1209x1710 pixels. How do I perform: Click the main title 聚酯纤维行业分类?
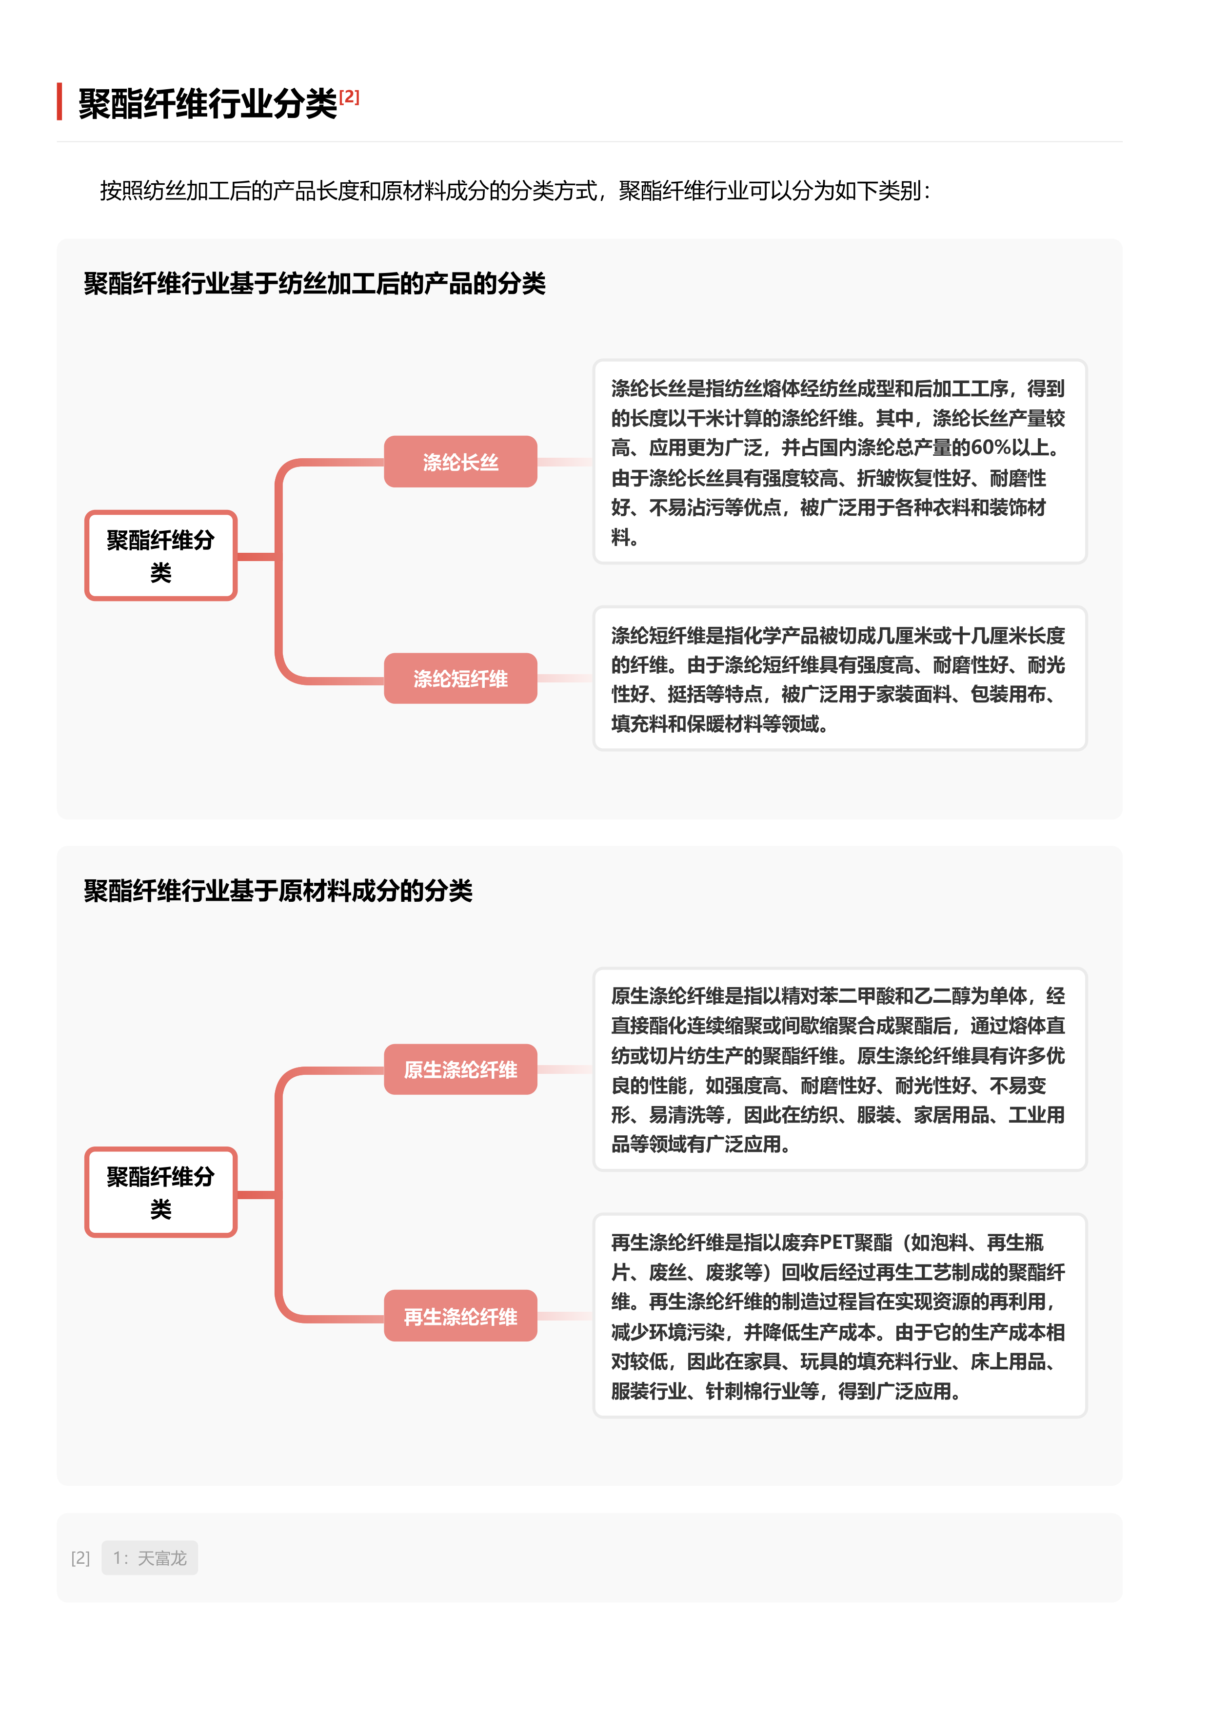(208, 103)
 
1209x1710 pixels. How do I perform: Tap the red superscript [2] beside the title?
(349, 97)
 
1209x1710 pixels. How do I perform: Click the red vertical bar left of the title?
(59, 101)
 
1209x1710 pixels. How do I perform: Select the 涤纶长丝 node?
(460, 462)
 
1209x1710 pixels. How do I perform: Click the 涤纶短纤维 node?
(460, 679)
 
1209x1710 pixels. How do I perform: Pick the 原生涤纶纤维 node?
(460, 1069)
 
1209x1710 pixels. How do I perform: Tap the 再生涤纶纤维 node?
(460, 1316)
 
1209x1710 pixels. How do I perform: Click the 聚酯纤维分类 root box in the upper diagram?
(161, 556)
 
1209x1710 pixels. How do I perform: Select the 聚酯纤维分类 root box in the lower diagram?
(161, 1192)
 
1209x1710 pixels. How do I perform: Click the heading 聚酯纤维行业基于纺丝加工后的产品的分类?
(315, 284)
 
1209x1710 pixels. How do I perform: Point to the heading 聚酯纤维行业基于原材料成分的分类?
(278, 891)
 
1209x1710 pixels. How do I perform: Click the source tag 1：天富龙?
(150, 1558)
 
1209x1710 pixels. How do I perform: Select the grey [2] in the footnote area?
(80, 1558)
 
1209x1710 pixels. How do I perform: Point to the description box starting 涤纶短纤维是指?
(839, 679)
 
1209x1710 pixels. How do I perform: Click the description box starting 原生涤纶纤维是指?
(839, 1069)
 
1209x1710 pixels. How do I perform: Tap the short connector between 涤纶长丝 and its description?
(565, 462)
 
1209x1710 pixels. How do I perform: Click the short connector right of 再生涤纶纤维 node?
(565, 1316)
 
